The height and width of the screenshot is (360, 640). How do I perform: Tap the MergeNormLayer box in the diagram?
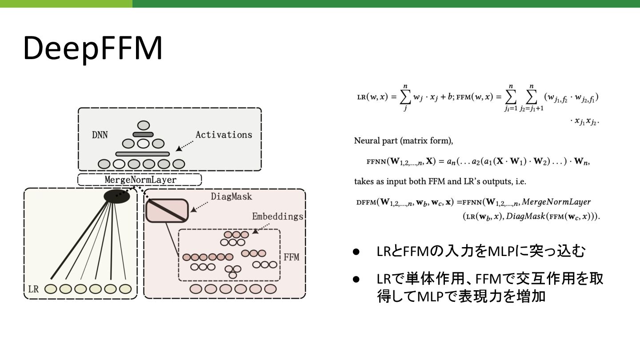click(x=140, y=180)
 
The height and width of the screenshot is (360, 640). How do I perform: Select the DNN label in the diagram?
click(x=100, y=135)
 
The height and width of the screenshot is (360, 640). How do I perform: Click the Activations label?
click(x=224, y=135)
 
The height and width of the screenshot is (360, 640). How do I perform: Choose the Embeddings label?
click(x=277, y=217)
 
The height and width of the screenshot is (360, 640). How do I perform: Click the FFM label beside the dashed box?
click(x=291, y=257)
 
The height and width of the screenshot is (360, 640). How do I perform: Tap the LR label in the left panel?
click(x=33, y=289)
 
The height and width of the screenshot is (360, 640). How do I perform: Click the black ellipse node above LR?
click(x=116, y=196)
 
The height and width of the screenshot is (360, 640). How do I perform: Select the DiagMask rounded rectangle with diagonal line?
click(x=167, y=210)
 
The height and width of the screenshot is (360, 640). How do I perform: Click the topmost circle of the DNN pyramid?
click(x=143, y=125)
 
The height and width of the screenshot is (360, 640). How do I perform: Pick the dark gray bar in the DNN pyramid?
click(x=143, y=134)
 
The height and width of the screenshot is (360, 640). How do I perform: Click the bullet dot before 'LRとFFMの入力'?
click(x=356, y=252)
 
